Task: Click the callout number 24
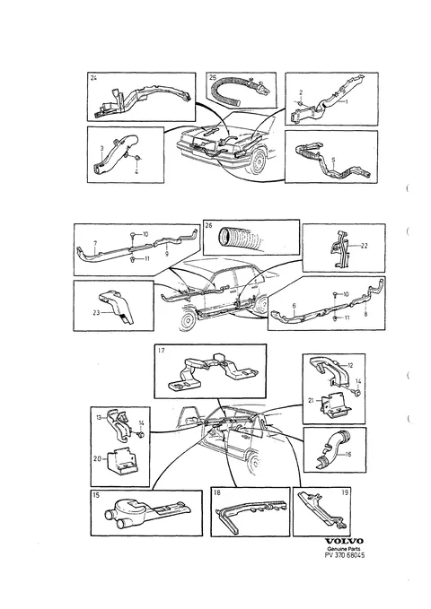(x=93, y=78)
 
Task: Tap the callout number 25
(x=213, y=77)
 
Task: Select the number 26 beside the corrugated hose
(x=209, y=225)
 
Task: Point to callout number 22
(x=364, y=246)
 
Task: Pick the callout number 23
(x=96, y=312)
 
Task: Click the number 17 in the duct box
(x=162, y=351)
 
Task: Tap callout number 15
(x=96, y=495)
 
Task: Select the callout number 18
(x=217, y=492)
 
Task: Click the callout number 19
(x=345, y=492)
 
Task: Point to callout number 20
(x=97, y=458)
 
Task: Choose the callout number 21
(x=311, y=400)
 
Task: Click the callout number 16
(x=348, y=454)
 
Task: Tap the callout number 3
(x=101, y=148)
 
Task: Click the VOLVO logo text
(x=344, y=541)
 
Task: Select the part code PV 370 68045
(x=344, y=555)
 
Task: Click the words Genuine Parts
(x=344, y=548)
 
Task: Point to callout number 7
(x=95, y=244)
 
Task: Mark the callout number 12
(x=350, y=365)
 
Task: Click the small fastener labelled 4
(x=137, y=158)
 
